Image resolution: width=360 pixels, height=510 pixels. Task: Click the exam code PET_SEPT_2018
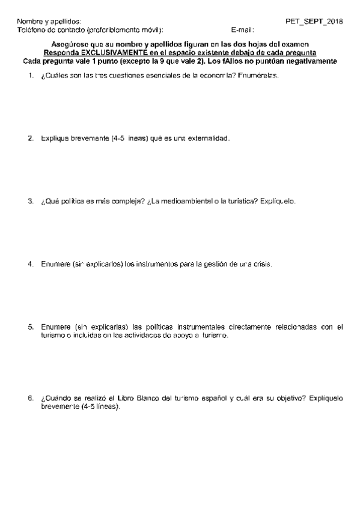(314, 21)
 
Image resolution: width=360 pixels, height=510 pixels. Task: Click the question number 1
(30, 77)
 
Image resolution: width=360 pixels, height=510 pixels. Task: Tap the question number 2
(30, 138)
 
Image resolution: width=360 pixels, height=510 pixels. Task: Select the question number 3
(30, 201)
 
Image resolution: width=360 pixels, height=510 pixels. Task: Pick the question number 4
(30, 263)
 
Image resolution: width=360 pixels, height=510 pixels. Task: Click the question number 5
(30, 327)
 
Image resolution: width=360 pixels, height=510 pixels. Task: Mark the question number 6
(30, 398)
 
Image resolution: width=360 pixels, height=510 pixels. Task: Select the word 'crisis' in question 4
(262, 263)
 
